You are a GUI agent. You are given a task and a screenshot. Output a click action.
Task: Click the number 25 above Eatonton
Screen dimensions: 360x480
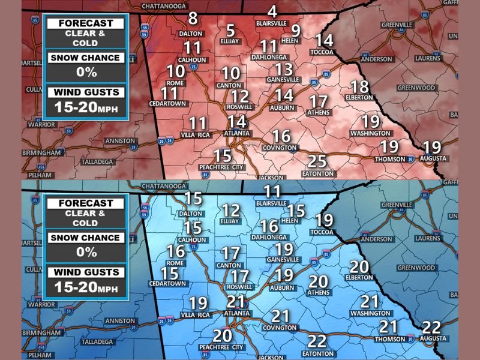click(x=317, y=161)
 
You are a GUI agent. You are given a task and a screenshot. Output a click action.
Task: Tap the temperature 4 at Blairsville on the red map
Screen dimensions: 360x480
click(x=272, y=11)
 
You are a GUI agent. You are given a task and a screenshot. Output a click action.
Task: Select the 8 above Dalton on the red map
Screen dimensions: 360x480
click(x=193, y=18)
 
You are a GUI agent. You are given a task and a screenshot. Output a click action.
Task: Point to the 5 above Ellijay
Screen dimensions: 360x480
click(x=230, y=31)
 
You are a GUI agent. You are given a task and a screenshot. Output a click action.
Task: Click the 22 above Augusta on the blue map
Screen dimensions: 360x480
click(x=431, y=328)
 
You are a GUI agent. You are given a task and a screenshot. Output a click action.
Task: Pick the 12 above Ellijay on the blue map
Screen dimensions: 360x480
click(x=231, y=211)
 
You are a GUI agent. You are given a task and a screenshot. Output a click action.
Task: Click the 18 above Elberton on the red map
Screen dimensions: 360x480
click(x=359, y=86)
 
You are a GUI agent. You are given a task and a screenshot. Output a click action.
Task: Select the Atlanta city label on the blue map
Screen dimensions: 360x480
click(x=236, y=313)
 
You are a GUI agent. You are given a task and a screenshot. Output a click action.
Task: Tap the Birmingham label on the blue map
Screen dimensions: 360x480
click(x=41, y=332)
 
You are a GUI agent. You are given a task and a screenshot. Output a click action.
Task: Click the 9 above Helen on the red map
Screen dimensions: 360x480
click(x=295, y=30)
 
